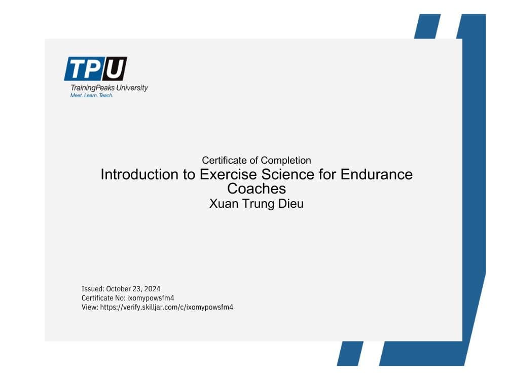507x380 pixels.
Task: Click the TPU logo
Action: pos(95,69)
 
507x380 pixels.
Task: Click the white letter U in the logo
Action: pos(115,69)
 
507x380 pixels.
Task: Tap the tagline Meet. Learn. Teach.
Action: pos(91,95)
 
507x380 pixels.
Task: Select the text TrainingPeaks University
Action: pos(109,88)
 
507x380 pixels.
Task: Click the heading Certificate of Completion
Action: pos(256,160)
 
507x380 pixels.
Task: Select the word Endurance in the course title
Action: pos(376,174)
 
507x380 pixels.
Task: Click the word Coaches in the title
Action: pos(256,188)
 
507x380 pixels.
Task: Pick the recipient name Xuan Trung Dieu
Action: pos(256,204)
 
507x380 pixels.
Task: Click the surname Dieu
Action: pos(291,204)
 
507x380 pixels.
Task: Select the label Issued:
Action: pos(93,289)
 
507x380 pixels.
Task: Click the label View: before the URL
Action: pos(89,307)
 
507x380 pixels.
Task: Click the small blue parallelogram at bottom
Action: pos(349,353)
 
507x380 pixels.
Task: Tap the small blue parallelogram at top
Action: pos(427,26)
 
